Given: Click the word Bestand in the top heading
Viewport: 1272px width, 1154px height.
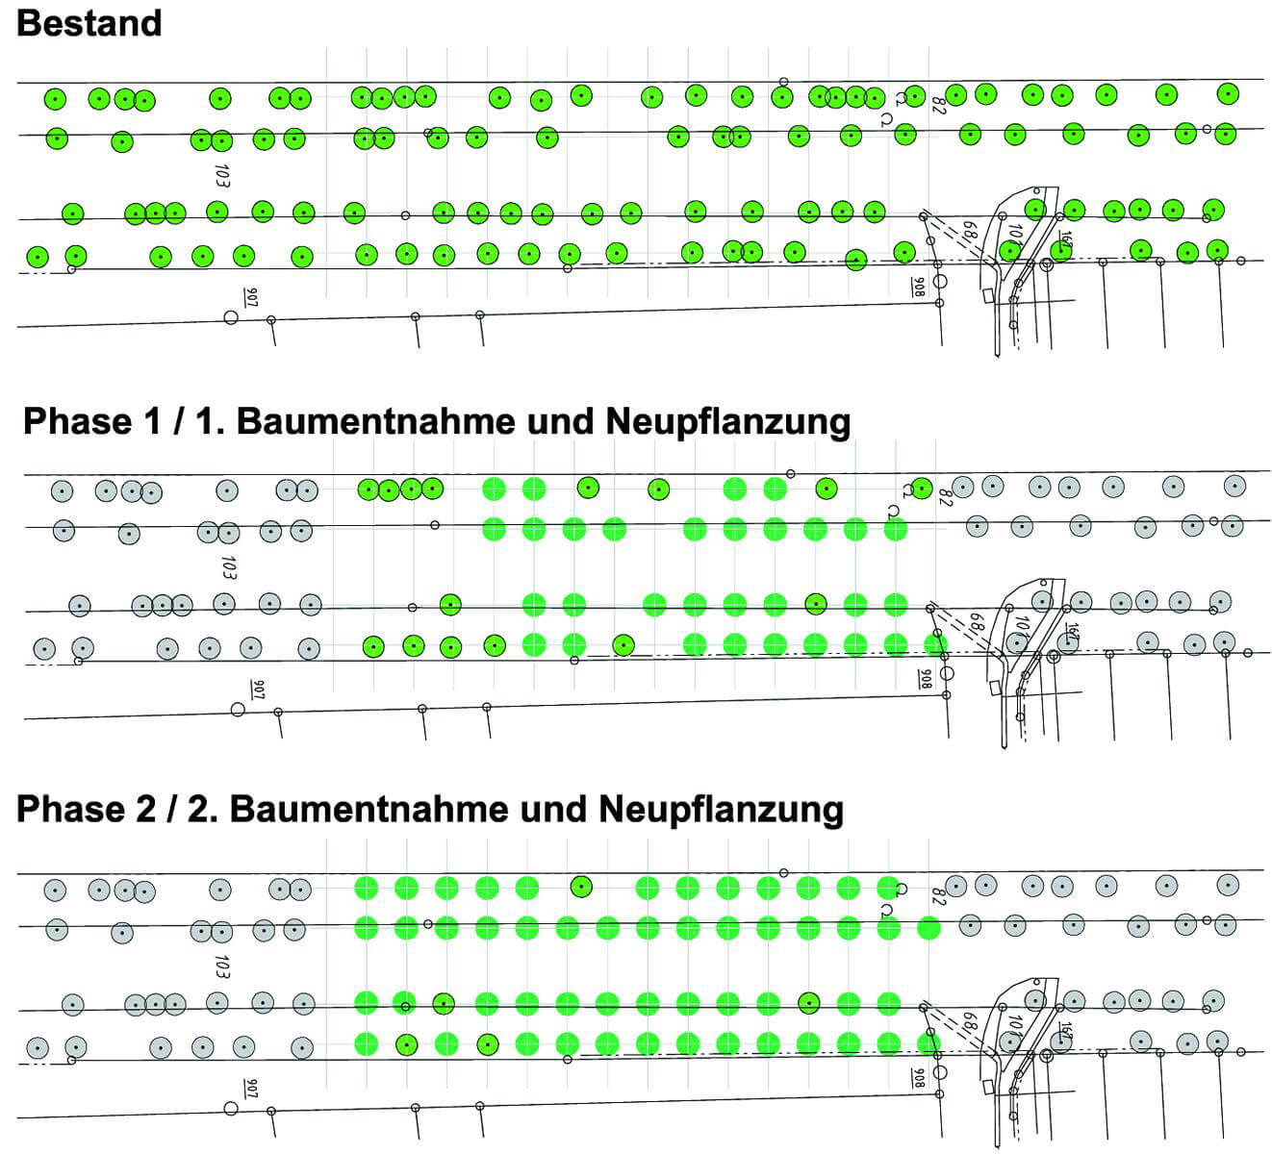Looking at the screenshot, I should (89, 22).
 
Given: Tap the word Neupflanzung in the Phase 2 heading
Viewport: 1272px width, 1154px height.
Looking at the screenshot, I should (720, 809).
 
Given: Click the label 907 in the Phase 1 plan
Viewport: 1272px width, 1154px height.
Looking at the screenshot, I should (257, 689).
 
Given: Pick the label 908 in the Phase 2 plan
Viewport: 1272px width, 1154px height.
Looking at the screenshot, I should (919, 1078).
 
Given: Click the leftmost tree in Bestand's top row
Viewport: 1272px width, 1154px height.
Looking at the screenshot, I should (55, 98).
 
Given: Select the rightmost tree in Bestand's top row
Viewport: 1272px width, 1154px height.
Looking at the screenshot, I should (1227, 94).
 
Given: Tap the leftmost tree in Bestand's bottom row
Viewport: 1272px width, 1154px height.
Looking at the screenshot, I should (37, 257).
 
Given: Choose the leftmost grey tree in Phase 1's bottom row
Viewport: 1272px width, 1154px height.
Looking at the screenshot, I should (43, 648).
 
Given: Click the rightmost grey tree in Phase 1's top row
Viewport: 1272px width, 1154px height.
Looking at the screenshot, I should (1234, 486).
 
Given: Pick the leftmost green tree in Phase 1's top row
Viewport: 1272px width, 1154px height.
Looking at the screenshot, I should (369, 489).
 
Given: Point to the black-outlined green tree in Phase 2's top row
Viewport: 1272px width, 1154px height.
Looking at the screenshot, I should (580, 886).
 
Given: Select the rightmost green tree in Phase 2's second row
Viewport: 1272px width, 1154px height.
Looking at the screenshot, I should (929, 927).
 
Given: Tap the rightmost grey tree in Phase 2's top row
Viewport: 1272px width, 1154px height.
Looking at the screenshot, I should (1228, 885).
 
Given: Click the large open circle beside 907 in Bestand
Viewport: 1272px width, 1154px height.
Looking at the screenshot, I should (231, 317).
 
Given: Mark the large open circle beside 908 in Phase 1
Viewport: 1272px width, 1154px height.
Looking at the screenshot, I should (947, 672).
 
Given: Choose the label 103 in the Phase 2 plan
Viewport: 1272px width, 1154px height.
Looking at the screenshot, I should (222, 966).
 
